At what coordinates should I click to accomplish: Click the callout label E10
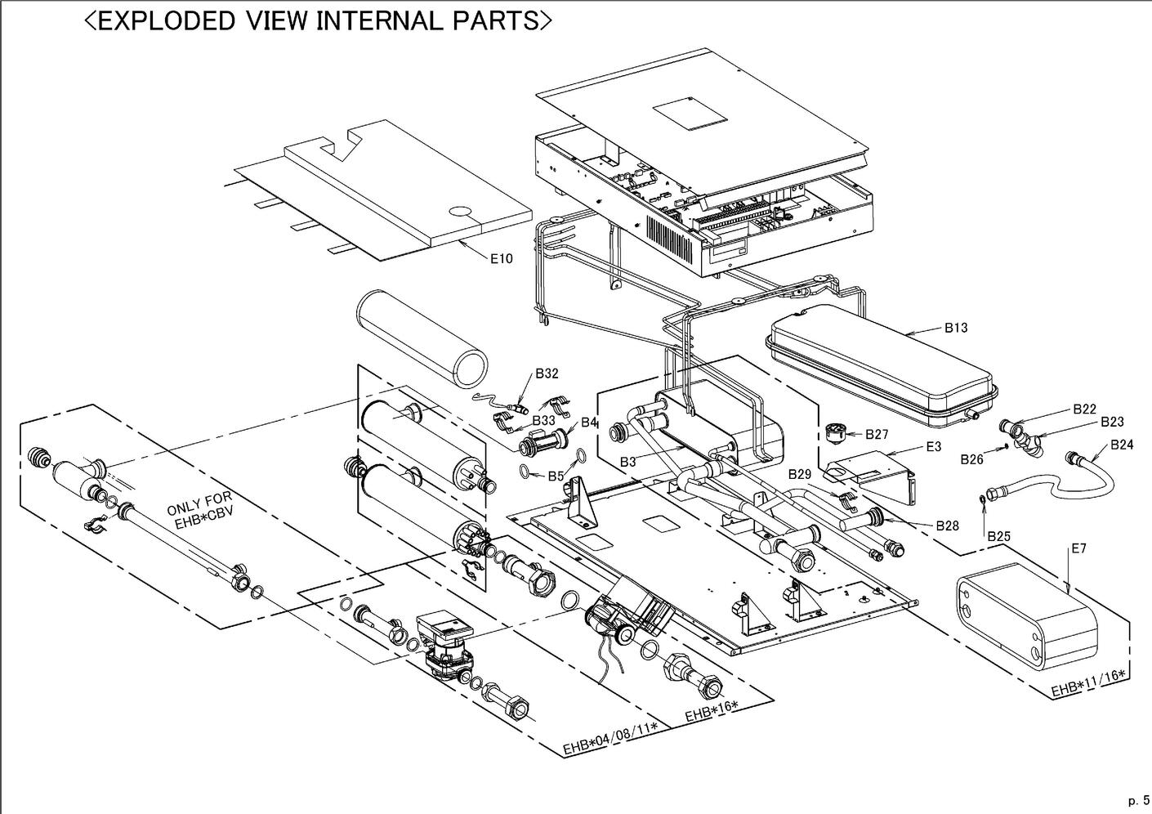[502, 259]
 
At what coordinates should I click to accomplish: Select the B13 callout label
[956, 328]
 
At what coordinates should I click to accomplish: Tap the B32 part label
[547, 373]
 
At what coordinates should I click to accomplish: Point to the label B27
[877, 434]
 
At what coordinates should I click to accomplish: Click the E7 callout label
[1078, 548]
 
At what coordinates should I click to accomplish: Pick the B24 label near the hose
[1122, 445]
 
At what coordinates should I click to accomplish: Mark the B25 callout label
[998, 536]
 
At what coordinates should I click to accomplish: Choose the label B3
[627, 462]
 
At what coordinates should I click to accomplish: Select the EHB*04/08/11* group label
[610, 740]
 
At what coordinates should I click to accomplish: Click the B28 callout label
[947, 526]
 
